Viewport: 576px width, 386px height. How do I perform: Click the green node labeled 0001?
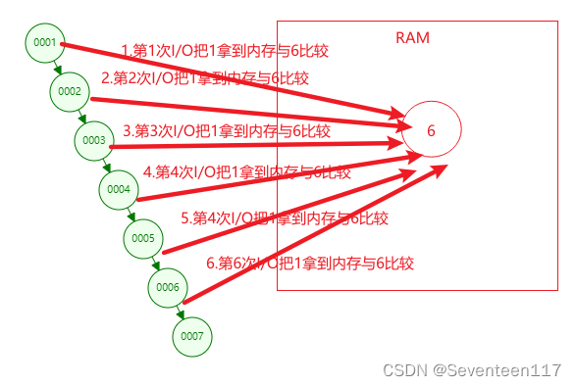pyautogui.click(x=45, y=43)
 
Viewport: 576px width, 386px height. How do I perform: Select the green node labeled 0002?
pyautogui.click(x=70, y=91)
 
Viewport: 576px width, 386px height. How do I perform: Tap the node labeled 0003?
pyautogui.click(x=94, y=141)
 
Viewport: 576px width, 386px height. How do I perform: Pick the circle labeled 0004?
pyautogui.click(x=119, y=189)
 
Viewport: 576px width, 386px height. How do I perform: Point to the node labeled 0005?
pyautogui.click(x=143, y=238)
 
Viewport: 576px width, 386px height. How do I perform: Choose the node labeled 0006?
pyautogui.click(x=168, y=287)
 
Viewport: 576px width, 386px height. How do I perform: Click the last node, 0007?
pyautogui.click(x=192, y=336)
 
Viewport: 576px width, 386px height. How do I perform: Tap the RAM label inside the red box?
pyautogui.click(x=412, y=38)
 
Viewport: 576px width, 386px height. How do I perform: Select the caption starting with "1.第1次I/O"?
pyautogui.click(x=216, y=50)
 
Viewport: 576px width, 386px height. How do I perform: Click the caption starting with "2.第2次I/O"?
pyautogui.click(x=205, y=78)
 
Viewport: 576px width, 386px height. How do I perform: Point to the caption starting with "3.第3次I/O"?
pyautogui.click(x=227, y=130)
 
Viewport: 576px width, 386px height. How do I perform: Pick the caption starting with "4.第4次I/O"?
pyautogui.click(x=246, y=171)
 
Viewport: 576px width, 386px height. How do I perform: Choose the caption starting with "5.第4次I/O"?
pyautogui.click(x=285, y=218)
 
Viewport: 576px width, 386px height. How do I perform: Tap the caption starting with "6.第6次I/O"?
pyautogui.click(x=310, y=263)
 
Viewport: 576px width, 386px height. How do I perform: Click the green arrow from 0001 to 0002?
pyautogui.click(x=58, y=68)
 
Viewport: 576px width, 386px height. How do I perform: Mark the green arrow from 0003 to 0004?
pyautogui.click(x=107, y=166)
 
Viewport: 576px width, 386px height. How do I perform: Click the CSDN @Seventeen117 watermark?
pyautogui.click(x=472, y=370)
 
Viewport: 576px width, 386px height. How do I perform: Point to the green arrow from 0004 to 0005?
pyautogui.click(x=131, y=215)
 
